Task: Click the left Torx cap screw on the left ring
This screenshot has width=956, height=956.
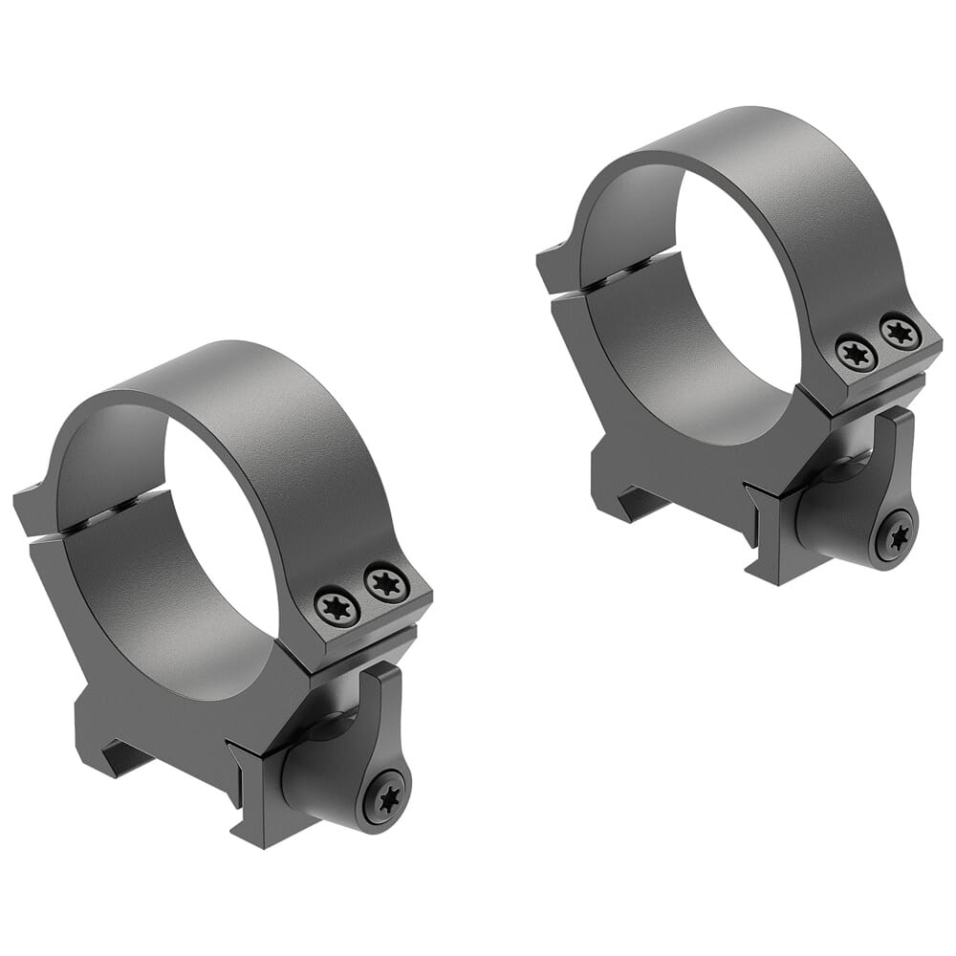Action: tap(337, 604)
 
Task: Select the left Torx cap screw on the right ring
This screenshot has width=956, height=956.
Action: tap(856, 353)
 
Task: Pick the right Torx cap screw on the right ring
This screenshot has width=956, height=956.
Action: tap(901, 332)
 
